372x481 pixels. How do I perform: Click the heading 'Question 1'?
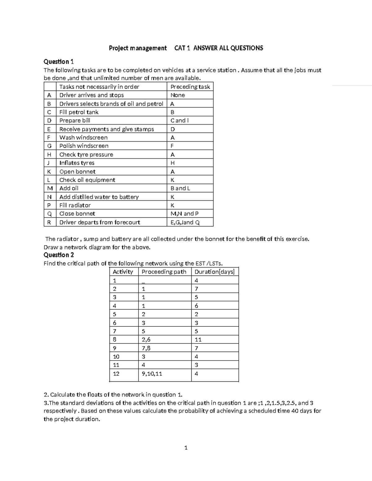tap(59, 61)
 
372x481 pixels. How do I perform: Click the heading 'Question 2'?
tap(59, 255)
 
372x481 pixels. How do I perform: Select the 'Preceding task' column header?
tap(190, 87)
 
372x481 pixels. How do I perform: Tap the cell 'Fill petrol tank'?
tap(79, 112)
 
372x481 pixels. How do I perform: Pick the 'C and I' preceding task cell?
tap(179, 120)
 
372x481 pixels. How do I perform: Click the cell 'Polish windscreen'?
tap(84, 146)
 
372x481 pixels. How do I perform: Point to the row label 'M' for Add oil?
tap(50, 188)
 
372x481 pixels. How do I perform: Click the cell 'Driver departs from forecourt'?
tap(100, 222)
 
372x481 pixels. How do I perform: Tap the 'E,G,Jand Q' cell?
tap(185, 222)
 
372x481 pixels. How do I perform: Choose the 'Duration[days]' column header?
tap(214, 272)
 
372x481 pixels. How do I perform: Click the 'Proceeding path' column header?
tap(164, 272)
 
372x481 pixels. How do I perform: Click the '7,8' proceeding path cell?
tap(146, 348)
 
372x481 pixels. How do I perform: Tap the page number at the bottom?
tap(186, 448)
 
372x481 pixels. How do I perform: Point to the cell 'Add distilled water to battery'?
tap(99, 197)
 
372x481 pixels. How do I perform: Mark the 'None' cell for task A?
tap(178, 95)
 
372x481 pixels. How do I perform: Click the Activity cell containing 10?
tap(116, 356)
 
